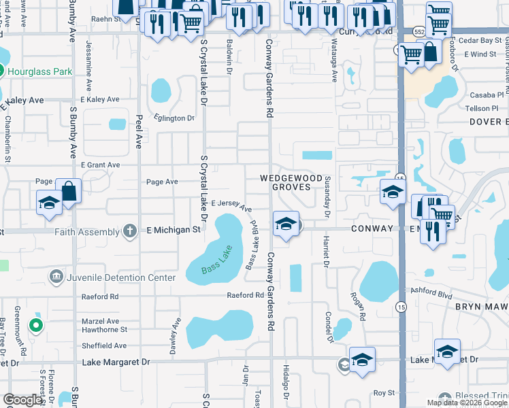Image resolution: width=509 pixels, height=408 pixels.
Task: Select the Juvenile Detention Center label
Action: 120,277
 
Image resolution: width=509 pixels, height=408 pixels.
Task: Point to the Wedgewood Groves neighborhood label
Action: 291,182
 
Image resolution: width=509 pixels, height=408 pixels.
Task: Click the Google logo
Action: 22,400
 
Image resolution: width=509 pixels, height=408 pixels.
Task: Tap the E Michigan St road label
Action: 174,230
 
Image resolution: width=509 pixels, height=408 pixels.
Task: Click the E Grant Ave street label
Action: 100,165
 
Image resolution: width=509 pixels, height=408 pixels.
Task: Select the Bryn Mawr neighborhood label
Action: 481,307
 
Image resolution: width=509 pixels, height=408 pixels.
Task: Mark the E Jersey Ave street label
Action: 231,205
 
